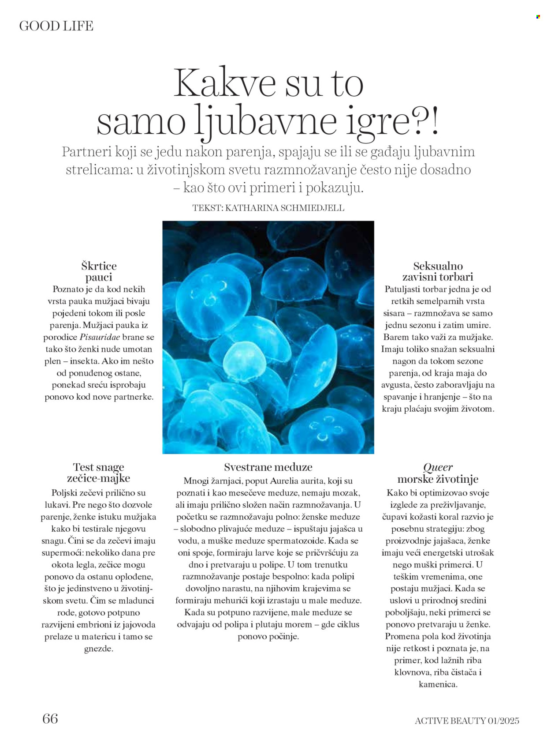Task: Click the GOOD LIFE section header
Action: click(x=56, y=26)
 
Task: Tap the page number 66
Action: click(x=50, y=719)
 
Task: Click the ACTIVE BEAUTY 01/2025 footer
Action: click(x=467, y=721)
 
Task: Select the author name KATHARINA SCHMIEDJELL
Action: click(x=284, y=208)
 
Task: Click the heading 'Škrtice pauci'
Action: click(x=99, y=271)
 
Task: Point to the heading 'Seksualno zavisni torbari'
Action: click(x=438, y=271)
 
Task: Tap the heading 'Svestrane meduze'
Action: click(x=268, y=467)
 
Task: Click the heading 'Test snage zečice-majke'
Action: click(x=99, y=473)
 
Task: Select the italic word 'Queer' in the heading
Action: click(x=438, y=467)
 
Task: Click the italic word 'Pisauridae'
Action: click(x=100, y=337)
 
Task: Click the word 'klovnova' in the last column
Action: click(x=412, y=672)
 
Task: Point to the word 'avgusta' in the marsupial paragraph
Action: click(x=396, y=385)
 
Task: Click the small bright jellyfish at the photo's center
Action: click(x=244, y=360)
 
